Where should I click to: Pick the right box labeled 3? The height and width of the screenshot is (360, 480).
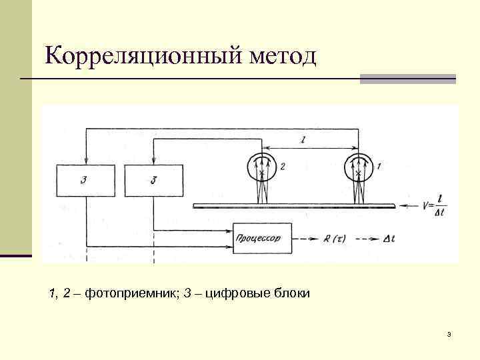point(153,180)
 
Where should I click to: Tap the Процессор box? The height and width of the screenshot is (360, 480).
point(262,237)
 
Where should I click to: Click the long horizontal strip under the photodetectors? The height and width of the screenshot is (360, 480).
point(294,206)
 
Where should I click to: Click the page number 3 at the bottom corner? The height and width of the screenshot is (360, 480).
point(449,334)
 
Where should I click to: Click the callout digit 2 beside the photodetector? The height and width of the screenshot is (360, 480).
point(283,167)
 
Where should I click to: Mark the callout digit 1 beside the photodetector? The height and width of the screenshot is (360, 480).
point(379,164)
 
